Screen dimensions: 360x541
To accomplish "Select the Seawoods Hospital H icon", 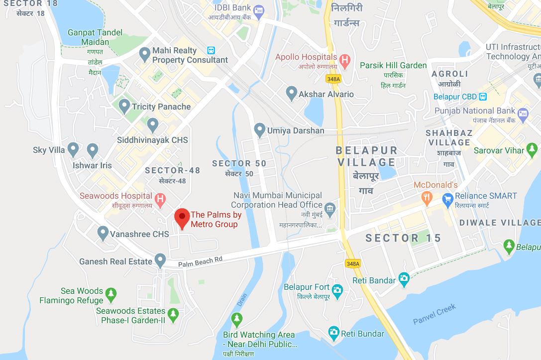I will point(160,199).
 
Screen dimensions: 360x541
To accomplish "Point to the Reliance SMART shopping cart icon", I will point(447,199).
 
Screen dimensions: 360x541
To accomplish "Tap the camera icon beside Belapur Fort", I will point(337,290).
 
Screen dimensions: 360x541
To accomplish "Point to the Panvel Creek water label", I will point(434,315).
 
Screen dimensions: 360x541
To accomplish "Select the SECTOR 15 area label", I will point(403,238).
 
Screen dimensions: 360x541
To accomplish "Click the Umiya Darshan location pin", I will point(259,130).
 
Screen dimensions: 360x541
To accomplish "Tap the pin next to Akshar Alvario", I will point(291,93).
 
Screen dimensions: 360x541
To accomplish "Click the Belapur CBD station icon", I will point(482,97).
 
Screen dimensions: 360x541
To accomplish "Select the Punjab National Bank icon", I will point(523,114).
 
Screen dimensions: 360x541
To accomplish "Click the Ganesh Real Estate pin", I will point(160,259).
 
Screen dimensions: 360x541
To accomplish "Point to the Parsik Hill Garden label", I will point(393,65).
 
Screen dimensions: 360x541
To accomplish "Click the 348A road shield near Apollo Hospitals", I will point(333,79).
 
